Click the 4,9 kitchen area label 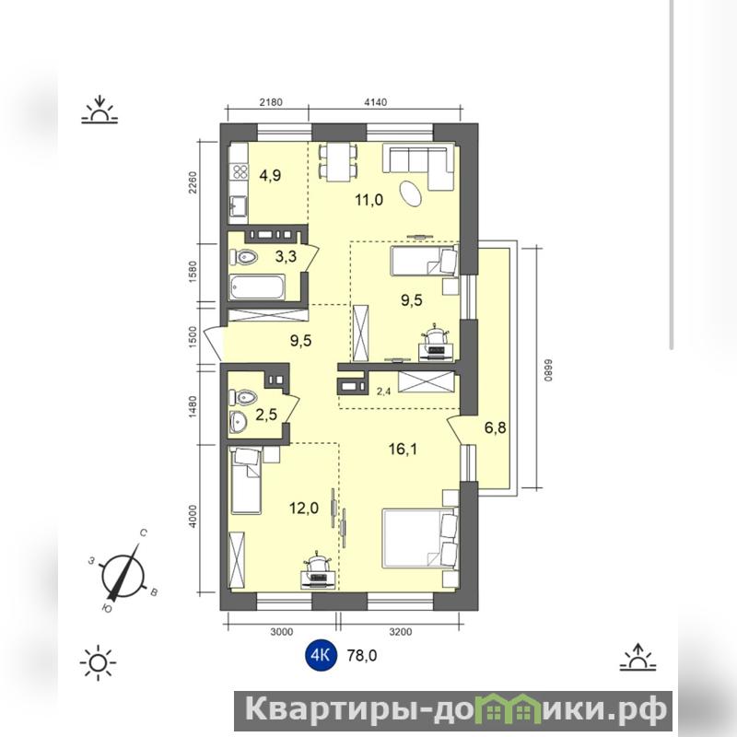point(270,175)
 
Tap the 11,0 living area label point(369,200)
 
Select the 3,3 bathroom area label point(286,257)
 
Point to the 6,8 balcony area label point(496,427)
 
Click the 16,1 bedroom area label point(403,450)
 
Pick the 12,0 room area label point(304,508)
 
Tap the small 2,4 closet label point(384,391)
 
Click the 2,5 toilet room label point(266,415)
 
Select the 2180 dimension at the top point(271,102)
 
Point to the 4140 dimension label point(375,102)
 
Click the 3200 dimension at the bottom point(401,632)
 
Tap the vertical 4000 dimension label point(193,516)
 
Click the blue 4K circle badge point(322,655)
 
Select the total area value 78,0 point(362,655)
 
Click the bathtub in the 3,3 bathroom point(257,287)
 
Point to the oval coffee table point(411,193)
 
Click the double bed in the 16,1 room point(420,538)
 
